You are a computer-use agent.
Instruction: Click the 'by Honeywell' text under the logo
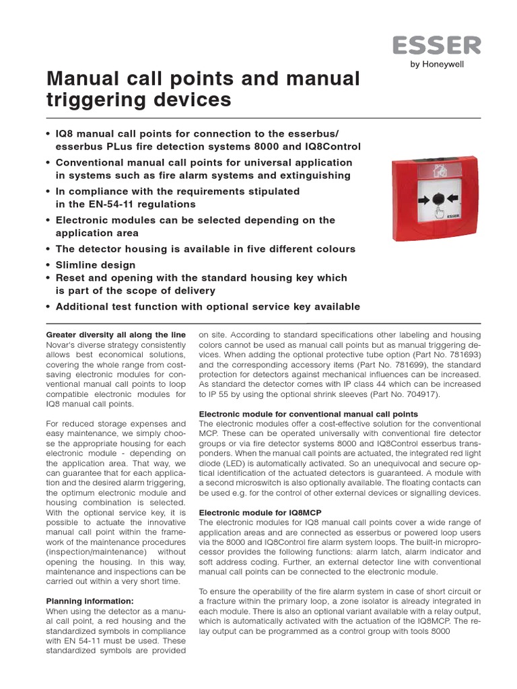(456, 65)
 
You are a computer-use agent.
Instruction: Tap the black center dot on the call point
(438, 199)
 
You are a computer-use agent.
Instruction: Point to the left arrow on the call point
(423, 200)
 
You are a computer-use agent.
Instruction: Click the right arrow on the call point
(454, 200)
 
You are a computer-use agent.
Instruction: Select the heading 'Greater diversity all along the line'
(115, 334)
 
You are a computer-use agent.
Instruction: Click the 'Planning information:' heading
(90, 601)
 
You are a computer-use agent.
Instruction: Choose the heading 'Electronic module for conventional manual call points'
(308, 414)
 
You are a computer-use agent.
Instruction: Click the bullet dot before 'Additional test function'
(48, 307)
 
